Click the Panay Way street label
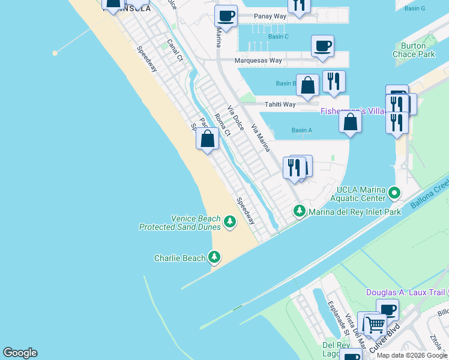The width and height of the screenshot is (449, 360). click(270, 16)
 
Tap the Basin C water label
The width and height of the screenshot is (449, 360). click(279, 37)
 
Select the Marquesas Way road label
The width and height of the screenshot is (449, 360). click(259, 61)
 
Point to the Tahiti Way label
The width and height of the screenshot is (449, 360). click(281, 104)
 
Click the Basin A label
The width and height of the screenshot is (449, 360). click(301, 130)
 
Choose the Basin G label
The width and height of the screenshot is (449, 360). click(414, 8)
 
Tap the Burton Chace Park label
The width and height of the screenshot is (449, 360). click(414, 50)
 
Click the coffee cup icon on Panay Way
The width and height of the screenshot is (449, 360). click(226, 16)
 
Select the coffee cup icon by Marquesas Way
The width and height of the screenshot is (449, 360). click(322, 46)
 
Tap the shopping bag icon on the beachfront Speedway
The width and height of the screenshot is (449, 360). click(207, 139)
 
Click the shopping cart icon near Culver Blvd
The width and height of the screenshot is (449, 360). click(376, 325)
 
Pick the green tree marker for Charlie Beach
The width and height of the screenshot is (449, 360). click(214, 258)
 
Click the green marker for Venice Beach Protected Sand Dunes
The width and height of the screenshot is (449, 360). click(229, 223)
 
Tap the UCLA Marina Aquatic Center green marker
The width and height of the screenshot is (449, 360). click(394, 193)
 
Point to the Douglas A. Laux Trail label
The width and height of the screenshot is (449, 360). click(406, 292)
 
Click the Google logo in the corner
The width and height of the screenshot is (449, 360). click(20, 353)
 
